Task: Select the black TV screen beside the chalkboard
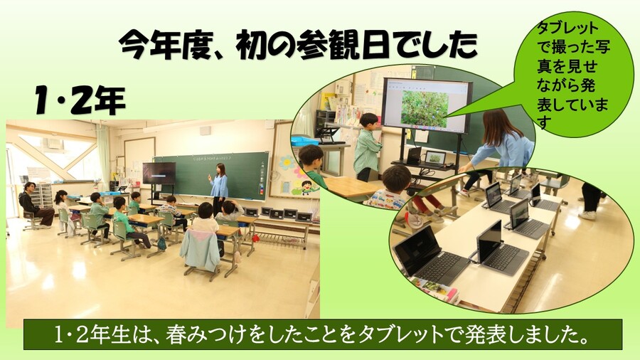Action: [159, 173]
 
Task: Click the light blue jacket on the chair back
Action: [200, 249]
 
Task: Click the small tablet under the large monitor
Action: [434, 158]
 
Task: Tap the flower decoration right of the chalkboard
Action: [288, 164]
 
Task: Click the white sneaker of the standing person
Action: [587, 214]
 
